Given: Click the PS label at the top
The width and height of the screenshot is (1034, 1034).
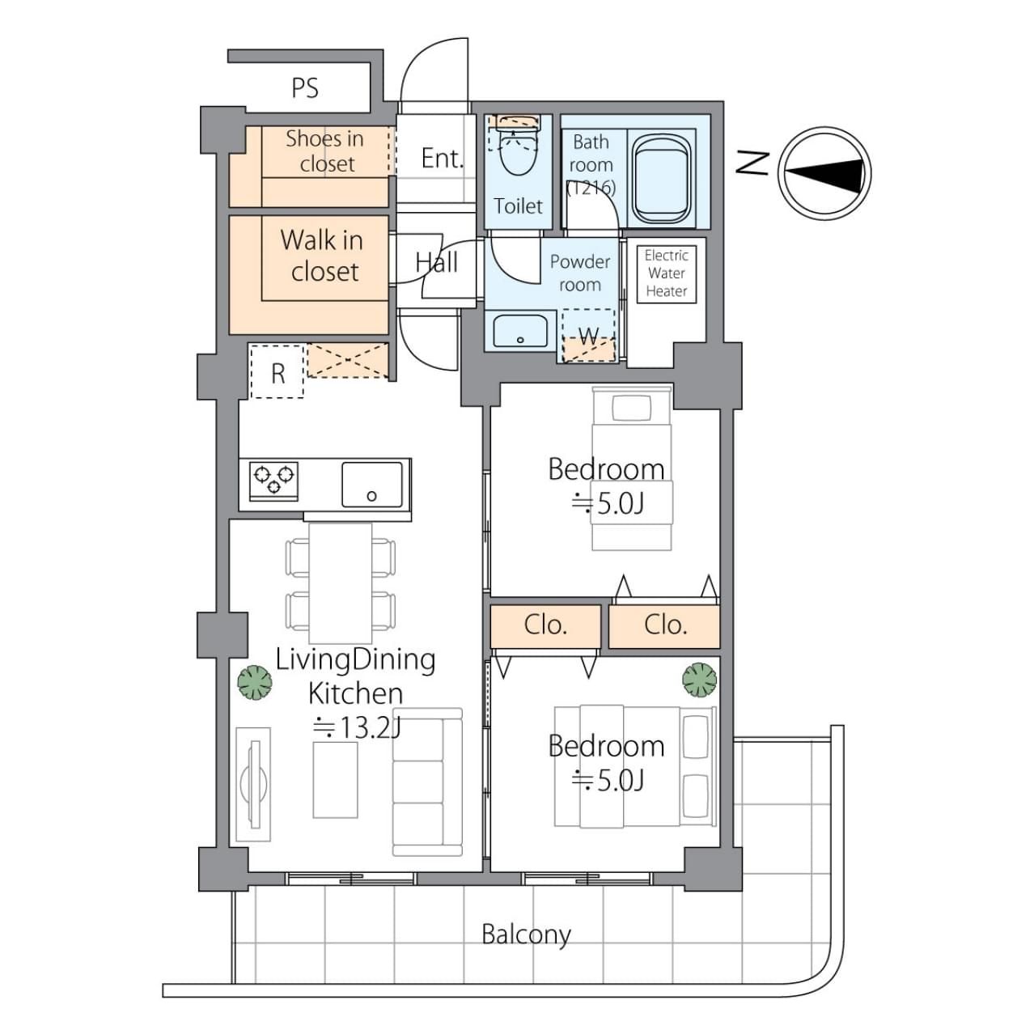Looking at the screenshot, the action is [x=304, y=88].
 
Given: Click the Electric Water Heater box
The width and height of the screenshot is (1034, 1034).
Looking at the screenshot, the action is [x=666, y=273].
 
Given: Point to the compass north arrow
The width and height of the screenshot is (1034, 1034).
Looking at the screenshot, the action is [x=824, y=173].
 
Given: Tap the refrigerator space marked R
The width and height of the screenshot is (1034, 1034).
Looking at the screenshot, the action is [x=277, y=372].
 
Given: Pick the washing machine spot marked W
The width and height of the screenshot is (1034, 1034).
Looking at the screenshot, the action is [x=589, y=336].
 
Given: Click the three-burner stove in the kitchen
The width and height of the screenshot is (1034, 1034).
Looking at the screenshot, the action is [x=273, y=481].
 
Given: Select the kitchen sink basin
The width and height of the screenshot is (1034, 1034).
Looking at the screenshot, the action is [x=372, y=484].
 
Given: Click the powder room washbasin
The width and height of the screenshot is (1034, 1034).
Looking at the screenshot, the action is [x=520, y=331].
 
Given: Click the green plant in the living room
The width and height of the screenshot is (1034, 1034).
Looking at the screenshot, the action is [x=255, y=682].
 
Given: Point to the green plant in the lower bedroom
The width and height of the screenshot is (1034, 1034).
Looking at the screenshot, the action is [x=700, y=680].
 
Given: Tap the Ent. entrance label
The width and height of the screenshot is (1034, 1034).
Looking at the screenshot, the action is [x=442, y=159].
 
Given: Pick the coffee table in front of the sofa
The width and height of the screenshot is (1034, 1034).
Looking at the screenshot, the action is [x=336, y=780].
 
